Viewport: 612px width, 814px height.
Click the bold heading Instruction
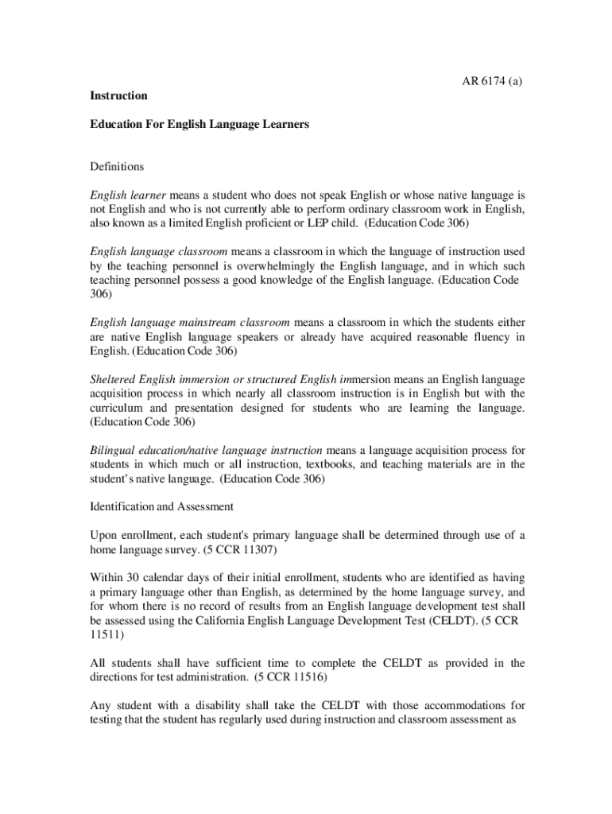[x=118, y=95]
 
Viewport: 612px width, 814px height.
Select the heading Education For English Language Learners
[x=199, y=125]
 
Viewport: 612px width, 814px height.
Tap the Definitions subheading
[x=117, y=166]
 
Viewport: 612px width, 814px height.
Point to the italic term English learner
[x=127, y=195]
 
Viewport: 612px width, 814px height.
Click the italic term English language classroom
[x=159, y=251]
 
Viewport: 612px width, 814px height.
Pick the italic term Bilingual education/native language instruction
[x=206, y=450]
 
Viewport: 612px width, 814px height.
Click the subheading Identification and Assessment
[x=161, y=506]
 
